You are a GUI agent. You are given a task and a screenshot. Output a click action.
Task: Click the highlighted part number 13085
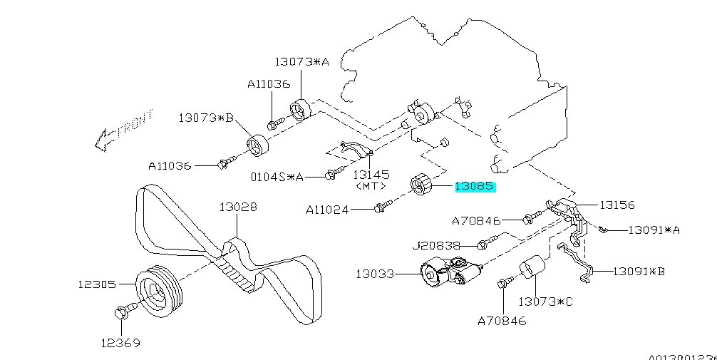click(x=475, y=187)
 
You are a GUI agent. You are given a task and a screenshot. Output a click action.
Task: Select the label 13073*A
click(x=302, y=62)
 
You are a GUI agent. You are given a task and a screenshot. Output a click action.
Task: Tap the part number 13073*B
click(x=206, y=118)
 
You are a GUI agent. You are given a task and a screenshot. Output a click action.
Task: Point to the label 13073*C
click(x=545, y=302)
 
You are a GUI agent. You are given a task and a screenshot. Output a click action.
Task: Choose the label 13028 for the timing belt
click(x=237, y=207)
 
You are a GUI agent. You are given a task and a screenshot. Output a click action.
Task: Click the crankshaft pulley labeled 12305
click(x=159, y=291)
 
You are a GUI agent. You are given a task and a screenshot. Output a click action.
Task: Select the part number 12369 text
click(x=120, y=343)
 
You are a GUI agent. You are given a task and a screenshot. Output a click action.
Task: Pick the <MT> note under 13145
click(x=371, y=186)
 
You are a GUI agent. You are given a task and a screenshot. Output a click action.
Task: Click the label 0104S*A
click(x=277, y=176)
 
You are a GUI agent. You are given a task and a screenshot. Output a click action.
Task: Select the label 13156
click(x=617, y=205)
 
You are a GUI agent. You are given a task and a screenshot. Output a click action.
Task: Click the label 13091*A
click(x=654, y=230)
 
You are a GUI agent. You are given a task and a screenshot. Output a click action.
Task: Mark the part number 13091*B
click(x=639, y=271)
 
